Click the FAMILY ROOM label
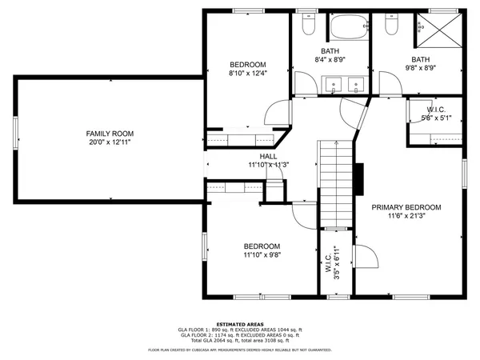pyautogui.click(x=110, y=134)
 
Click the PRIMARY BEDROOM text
pyautogui.click(x=406, y=207)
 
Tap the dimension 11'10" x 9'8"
pyautogui.click(x=262, y=255)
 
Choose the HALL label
pyautogui.click(x=268, y=157)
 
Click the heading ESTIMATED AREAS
pyautogui.click(x=240, y=323)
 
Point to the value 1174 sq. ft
pyautogui.click(x=233, y=334)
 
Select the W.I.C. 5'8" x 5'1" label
pyautogui.click(x=436, y=114)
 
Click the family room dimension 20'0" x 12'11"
pyautogui.click(x=110, y=142)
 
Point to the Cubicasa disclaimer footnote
pyautogui.click(x=240, y=350)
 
